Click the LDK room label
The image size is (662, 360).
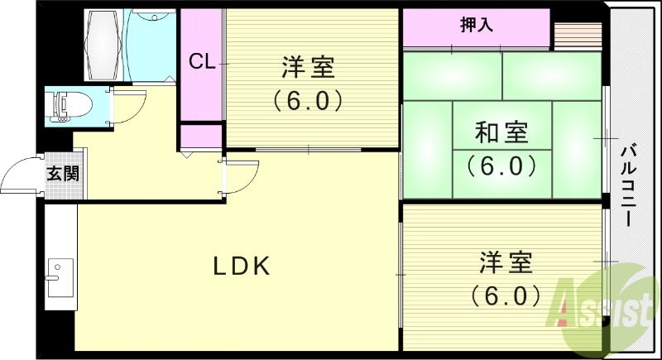coord(242,266)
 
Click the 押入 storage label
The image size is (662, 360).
coord(477,25)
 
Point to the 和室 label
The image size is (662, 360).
coord(501,132)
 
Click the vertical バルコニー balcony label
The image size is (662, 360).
coord(628,187)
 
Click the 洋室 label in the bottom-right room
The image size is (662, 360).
coord(505,263)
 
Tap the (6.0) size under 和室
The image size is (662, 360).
coord(501,166)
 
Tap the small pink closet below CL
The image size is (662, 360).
coord(201,137)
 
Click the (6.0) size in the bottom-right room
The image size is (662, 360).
coord(505,295)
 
